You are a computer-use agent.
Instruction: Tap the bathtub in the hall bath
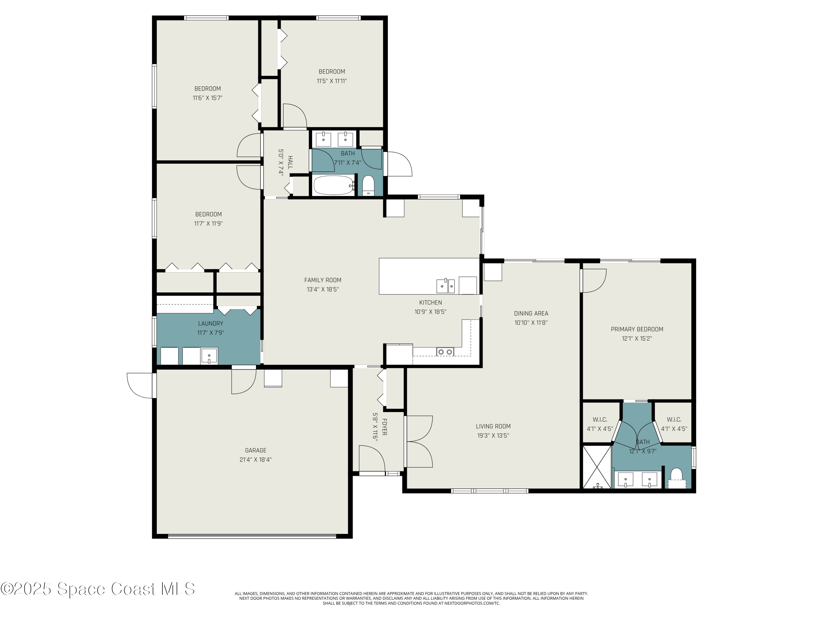click(x=333, y=185)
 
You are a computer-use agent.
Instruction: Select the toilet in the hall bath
click(x=368, y=185)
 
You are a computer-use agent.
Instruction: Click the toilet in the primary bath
click(x=676, y=477)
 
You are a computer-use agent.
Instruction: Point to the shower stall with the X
click(x=596, y=467)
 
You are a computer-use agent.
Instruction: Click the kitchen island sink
click(x=445, y=286)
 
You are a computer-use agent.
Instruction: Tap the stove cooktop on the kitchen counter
click(x=445, y=352)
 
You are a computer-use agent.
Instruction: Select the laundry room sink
click(x=209, y=356)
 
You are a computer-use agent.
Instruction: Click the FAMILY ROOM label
click(x=323, y=280)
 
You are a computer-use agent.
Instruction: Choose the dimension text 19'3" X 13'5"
click(x=493, y=435)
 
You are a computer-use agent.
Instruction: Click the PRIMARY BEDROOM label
click(x=637, y=329)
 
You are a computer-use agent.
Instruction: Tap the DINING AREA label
click(x=531, y=313)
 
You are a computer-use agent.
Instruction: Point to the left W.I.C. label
click(x=600, y=420)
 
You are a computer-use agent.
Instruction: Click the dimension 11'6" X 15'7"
click(x=208, y=98)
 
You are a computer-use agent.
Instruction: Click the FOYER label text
click(x=384, y=427)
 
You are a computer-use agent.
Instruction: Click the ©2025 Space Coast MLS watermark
click(x=97, y=589)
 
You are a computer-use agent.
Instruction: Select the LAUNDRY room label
click(x=211, y=324)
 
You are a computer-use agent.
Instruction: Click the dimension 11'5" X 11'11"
click(x=331, y=81)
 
